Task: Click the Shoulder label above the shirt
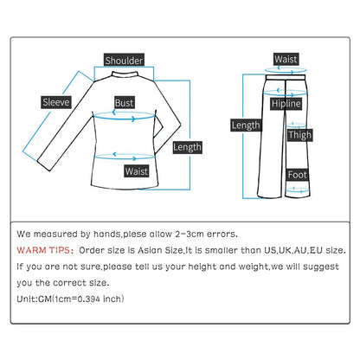(124, 60)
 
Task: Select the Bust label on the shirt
(125, 102)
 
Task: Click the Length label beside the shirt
(187, 147)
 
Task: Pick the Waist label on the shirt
(136, 171)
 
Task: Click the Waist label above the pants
(286, 59)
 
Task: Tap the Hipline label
(286, 104)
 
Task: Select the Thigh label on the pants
(300, 135)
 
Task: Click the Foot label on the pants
(297, 175)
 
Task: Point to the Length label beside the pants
(245, 125)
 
